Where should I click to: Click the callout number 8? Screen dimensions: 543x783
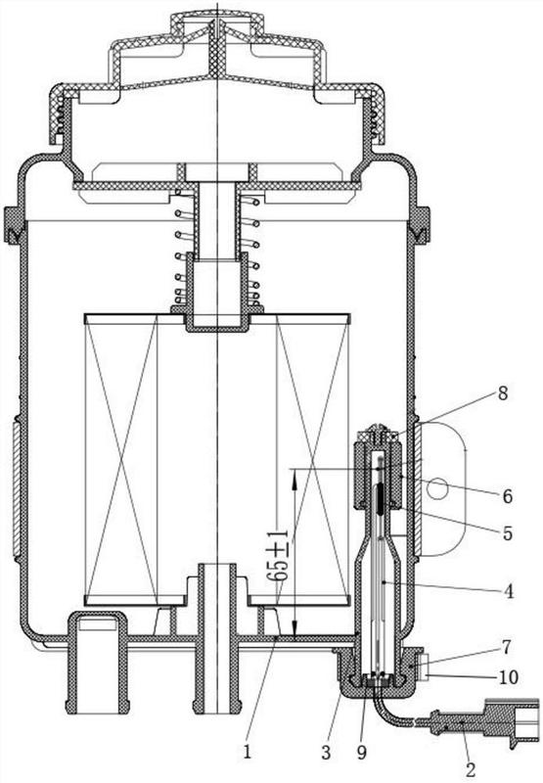point(502,393)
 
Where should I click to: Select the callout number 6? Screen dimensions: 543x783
point(507,496)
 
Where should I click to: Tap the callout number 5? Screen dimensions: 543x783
point(507,533)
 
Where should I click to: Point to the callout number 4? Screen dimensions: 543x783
point(508,591)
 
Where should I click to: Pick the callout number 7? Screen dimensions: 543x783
point(506,648)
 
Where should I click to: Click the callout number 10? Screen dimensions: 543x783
point(508,677)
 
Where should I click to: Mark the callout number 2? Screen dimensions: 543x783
point(471,769)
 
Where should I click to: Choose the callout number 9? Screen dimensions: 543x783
point(361,752)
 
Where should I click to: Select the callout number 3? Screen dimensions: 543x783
point(326,752)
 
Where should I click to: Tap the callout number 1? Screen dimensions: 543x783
point(248,752)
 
